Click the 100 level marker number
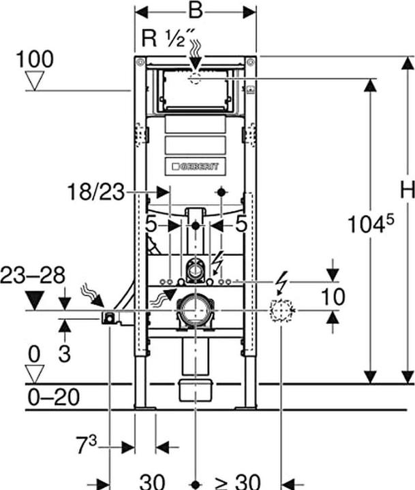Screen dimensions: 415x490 pos(35,59)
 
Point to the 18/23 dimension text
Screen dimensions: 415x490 pos(96,192)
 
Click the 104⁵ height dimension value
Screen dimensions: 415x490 pos(371,224)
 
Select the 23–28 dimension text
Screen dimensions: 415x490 pos(33,275)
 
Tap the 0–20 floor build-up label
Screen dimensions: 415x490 pos(54,397)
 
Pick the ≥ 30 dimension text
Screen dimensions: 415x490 pos(238,482)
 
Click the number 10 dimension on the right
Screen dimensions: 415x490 pos(333,297)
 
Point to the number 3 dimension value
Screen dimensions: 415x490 pos(65,353)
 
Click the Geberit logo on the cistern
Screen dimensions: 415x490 pos(196,166)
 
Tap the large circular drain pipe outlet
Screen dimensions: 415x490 pos(196,310)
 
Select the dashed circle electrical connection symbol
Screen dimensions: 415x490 pos(281,310)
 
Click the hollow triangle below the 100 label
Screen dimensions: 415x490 pos(35,80)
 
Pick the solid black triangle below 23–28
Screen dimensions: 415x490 pos(35,300)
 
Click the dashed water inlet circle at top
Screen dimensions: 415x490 pos(196,79)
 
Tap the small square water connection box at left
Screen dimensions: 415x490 pos(108,318)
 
